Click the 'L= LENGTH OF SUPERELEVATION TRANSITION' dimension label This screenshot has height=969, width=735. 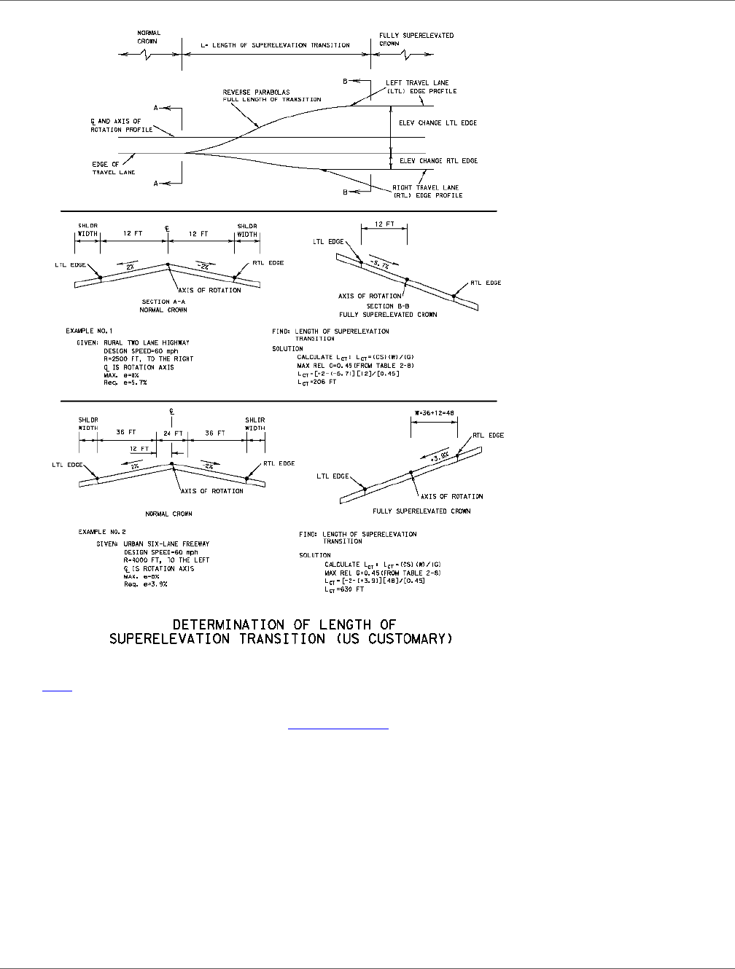point(275,46)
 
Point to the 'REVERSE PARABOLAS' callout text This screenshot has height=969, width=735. point(256,93)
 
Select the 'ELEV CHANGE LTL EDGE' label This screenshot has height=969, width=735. point(437,123)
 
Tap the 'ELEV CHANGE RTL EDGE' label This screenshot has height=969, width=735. point(438,161)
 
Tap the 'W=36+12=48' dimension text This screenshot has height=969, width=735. point(434,412)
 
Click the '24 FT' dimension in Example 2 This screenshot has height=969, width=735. point(173,433)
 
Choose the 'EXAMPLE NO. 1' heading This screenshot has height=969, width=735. point(90,331)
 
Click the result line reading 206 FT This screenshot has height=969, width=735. point(317,382)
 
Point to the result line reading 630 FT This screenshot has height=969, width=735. point(344,589)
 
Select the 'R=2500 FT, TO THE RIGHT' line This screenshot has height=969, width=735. point(149,358)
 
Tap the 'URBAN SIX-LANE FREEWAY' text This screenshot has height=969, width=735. point(167,544)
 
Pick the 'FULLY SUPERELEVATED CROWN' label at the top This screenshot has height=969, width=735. point(416,36)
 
